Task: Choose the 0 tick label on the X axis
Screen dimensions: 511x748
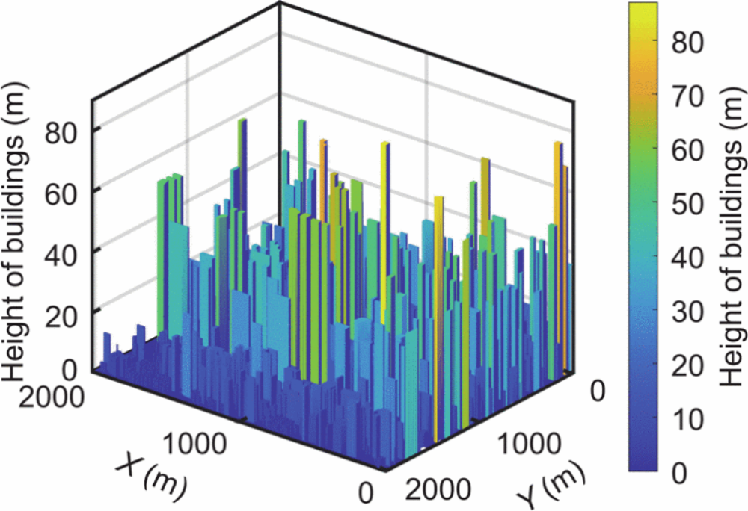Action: click(x=365, y=492)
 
